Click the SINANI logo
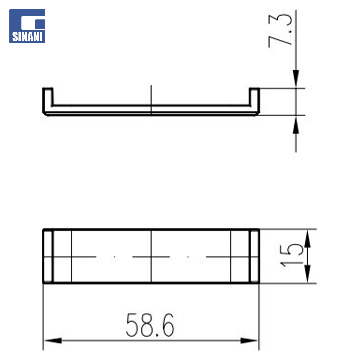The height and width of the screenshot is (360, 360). click(27, 26)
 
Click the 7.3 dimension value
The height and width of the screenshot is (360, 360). click(280, 30)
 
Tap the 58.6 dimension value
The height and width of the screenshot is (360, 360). click(150, 325)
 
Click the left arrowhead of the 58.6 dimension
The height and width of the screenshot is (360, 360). click(53, 340)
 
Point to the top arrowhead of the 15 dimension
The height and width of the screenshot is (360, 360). click(307, 238)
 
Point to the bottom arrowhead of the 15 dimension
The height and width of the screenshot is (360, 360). click(307, 274)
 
